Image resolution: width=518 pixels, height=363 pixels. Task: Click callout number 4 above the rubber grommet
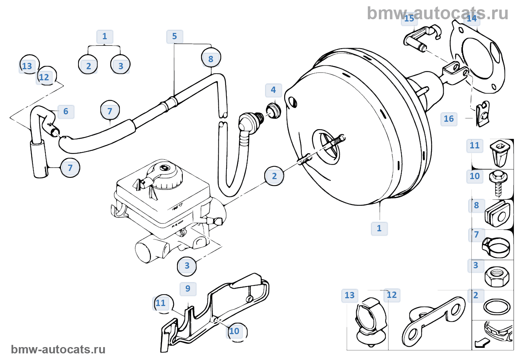[273, 90]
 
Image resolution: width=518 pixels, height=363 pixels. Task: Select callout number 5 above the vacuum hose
[174, 36]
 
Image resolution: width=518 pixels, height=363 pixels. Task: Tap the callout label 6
[66, 111]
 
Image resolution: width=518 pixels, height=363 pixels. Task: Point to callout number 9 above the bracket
[188, 289]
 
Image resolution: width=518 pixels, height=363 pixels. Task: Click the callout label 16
[448, 119]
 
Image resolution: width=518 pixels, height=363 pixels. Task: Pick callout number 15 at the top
[409, 19]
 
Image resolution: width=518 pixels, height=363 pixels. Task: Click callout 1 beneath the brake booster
[379, 228]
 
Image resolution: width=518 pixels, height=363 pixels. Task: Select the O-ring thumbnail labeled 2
[497, 307]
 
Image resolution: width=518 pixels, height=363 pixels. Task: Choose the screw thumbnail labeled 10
[498, 182]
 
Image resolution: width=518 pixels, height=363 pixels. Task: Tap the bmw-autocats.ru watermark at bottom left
[58, 350]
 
